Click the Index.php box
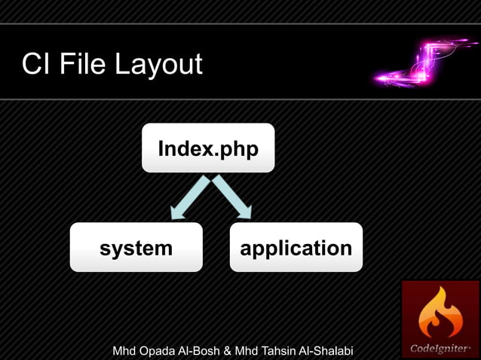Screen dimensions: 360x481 pyautogui.click(x=208, y=148)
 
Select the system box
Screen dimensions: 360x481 pyautogui.click(x=136, y=247)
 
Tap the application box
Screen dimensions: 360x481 pyautogui.click(x=296, y=247)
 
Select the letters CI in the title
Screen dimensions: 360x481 pyautogui.click(x=35, y=64)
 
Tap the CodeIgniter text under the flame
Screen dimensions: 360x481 pyautogui.click(x=440, y=349)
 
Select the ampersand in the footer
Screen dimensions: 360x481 pyautogui.click(x=227, y=351)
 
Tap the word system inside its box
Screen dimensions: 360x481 pyautogui.click(x=136, y=248)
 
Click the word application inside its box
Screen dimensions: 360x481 pyautogui.click(x=296, y=249)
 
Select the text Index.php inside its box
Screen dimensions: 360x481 pyautogui.click(x=208, y=149)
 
